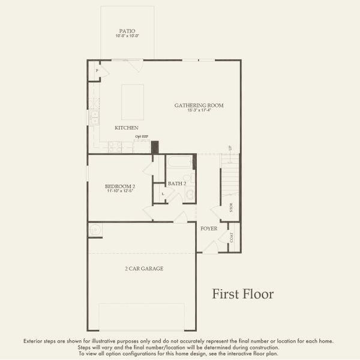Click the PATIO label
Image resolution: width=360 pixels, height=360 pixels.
point(127,31)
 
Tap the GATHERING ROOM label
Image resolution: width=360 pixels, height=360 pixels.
point(199,106)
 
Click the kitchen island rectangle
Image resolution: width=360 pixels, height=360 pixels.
point(133,102)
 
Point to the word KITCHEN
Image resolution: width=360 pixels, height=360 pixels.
point(127,128)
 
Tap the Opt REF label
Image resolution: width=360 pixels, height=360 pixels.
point(142,137)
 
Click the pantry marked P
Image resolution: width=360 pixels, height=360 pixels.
point(97,71)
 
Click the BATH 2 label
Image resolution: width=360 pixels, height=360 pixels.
point(177,184)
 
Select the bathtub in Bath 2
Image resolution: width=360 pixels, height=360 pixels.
point(181,162)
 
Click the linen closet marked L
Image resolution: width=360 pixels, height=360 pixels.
point(163,194)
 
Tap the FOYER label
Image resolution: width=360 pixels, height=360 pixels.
point(209,229)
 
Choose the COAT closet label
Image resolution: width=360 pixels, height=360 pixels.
point(232,238)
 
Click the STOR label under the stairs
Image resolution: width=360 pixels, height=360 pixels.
point(232,208)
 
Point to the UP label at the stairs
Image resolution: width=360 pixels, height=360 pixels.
point(230,148)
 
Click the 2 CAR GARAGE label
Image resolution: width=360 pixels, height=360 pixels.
point(144,269)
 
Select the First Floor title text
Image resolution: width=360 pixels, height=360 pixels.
point(242,294)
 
